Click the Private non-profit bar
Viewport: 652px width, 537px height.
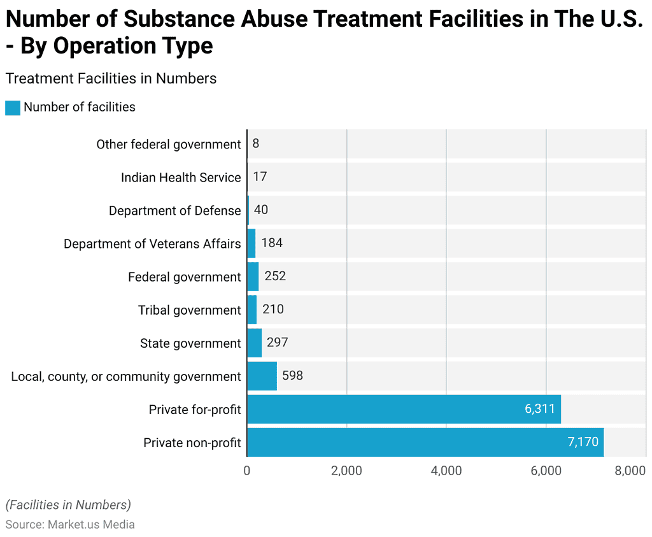[425, 442]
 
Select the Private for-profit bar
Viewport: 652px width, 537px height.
[404, 409]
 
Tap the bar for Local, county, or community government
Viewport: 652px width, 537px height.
[262, 376]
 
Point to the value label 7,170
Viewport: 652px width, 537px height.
[583, 442]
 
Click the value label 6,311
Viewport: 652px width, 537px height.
[540, 409]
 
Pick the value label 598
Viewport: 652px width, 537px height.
[292, 376]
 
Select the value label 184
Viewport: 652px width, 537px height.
[272, 243]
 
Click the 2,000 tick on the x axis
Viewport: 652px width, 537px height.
[346, 471]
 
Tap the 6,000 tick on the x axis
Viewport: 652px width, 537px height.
[546, 471]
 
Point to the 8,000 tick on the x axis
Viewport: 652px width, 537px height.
[630, 471]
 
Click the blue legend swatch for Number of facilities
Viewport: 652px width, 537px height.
[13, 108]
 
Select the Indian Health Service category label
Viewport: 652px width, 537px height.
[181, 177]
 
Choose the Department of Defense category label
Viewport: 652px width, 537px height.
[174, 210]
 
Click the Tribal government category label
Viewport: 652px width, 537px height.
[189, 310]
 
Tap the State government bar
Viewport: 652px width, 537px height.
[254, 343]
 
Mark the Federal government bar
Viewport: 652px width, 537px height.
[253, 276]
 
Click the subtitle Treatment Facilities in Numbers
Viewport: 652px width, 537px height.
[111, 78]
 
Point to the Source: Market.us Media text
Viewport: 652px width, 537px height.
[70, 524]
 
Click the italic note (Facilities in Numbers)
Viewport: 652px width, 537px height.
[68, 505]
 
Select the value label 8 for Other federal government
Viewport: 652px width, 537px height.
[255, 143]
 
